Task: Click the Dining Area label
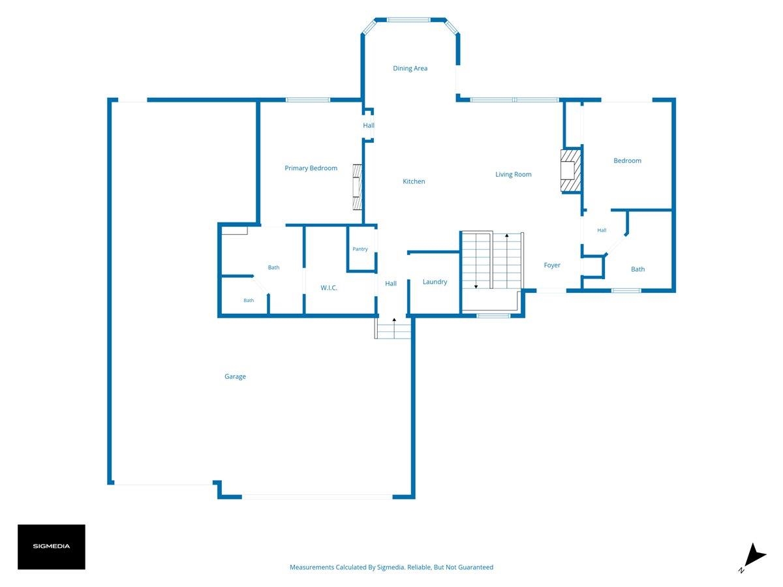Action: [410, 68]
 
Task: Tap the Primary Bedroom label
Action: [311, 168]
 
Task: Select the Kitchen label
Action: [414, 181]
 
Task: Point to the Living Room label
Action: [513, 174]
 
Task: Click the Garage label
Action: [235, 377]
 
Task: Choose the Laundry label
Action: [435, 282]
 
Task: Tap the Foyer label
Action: [551, 265]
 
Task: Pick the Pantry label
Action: [360, 249]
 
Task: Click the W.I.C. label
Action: [329, 288]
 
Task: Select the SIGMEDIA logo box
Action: [52, 547]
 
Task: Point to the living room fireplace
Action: [570, 170]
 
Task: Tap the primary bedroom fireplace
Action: [358, 187]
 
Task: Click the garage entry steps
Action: [393, 328]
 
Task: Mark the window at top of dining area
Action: [409, 20]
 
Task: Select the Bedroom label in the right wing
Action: [627, 160]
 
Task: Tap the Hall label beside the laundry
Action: [391, 284]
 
